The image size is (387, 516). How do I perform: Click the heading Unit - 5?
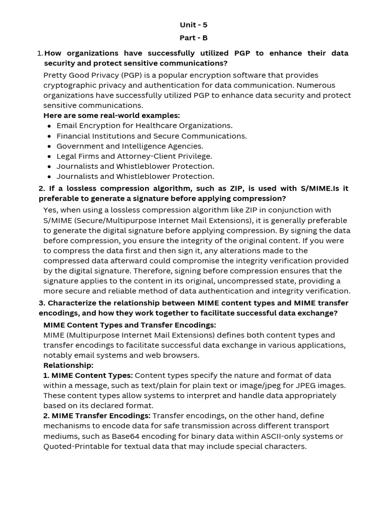pos(193,25)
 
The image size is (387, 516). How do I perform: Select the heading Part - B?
pos(193,38)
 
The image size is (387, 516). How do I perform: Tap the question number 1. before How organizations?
pos(40,53)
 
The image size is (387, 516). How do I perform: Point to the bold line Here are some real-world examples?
pos(111,115)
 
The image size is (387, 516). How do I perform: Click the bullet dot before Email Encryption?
pos(49,126)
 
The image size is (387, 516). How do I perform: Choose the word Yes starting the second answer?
pos(50,210)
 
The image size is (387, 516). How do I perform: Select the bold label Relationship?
pos(68,365)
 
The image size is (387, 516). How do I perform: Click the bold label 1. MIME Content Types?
pos(88,375)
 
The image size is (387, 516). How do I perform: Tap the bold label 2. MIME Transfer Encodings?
pos(97,416)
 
